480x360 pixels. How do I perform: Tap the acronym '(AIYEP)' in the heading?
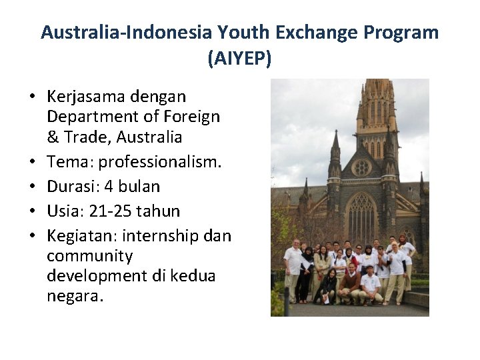[x=239, y=59]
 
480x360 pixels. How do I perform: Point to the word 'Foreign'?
[x=191, y=117]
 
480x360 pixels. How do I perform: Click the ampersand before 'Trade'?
[x=53, y=137]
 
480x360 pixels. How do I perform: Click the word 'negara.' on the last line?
[x=75, y=295]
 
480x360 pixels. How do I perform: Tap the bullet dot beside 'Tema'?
[x=31, y=162]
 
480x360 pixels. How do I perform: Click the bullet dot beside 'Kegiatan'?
[x=31, y=236]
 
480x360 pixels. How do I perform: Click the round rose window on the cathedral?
[x=361, y=166]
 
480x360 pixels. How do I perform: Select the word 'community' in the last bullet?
[x=89, y=256]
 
